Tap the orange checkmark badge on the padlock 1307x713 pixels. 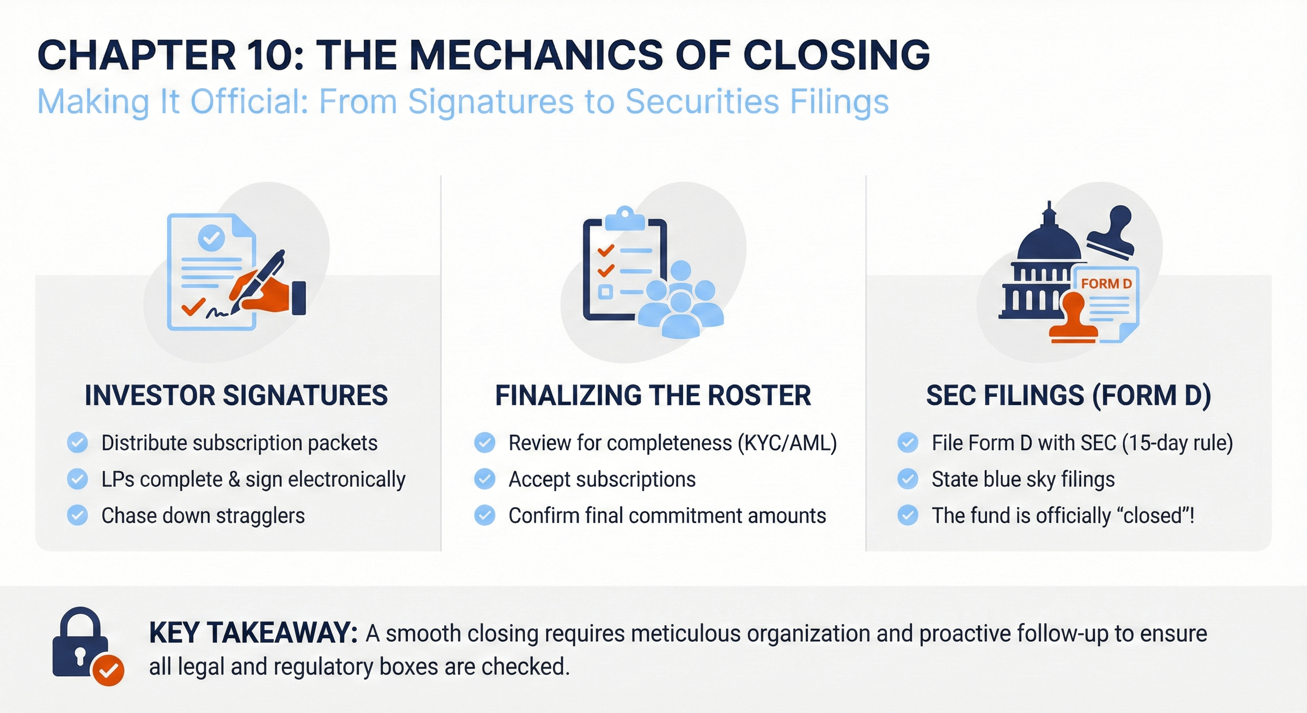point(109,670)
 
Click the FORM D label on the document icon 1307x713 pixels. point(1106,284)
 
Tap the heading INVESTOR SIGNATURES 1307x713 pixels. point(236,395)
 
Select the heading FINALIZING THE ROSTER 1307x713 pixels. point(653,395)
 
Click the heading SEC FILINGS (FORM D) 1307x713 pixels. point(1068,395)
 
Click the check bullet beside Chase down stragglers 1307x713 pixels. point(78,515)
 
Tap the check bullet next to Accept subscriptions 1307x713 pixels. point(485,479)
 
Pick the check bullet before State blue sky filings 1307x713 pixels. point(907,479)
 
